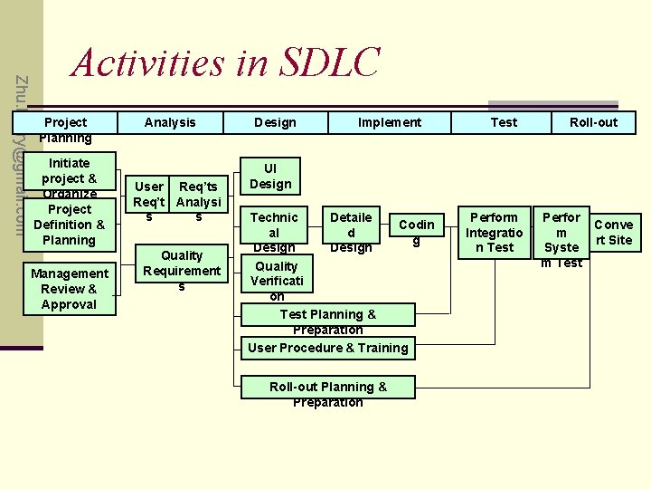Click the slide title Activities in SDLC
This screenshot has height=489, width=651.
(225, 63)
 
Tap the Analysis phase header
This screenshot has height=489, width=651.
(170, 122)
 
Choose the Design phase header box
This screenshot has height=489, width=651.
(274, 122)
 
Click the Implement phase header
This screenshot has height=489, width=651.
(389, 122)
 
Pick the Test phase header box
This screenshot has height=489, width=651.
(504, 122)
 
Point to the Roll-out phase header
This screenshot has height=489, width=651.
(593, 122)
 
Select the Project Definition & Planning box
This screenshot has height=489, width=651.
(70, 224)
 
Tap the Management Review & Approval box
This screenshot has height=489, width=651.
(70, 289)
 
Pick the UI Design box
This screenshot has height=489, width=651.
(270, 177)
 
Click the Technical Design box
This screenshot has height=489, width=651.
(273, 231)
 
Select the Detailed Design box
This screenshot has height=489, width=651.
(351, 231)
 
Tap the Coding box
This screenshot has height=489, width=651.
(416, 231)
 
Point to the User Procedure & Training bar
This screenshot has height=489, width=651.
(327, 348)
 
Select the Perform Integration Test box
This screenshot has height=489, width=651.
(494, 232)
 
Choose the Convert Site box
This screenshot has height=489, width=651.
(614, 232)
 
